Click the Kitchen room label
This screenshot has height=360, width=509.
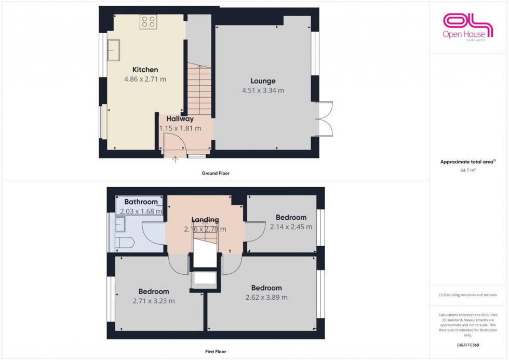(145, 70)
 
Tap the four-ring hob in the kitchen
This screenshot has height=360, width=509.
(148, 22)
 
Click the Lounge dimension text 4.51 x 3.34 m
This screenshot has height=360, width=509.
(263, 90)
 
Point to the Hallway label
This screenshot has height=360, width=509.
(180, 119)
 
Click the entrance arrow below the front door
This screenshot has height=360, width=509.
(175, 159)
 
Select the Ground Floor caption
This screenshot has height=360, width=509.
(215, 174)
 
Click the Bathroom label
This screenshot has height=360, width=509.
(141, 202)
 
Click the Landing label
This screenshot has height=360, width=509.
(205, 220)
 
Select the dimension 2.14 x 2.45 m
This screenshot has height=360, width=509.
(291, 227)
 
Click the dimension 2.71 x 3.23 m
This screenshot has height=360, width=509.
(154, 301)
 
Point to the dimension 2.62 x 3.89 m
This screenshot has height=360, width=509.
(266, 298)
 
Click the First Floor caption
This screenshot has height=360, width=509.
(215, 352)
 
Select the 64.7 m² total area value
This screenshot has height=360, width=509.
(468, 169)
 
